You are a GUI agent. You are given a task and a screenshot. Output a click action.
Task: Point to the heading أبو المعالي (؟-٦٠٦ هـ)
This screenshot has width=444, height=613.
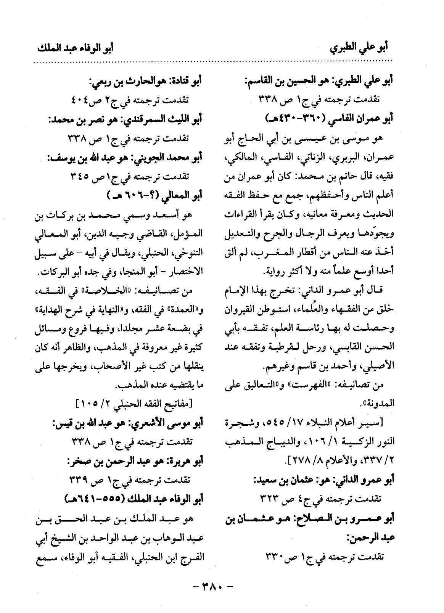pos(154,196)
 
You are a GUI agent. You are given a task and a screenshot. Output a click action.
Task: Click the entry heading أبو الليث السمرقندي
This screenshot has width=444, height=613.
pos(126,120)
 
